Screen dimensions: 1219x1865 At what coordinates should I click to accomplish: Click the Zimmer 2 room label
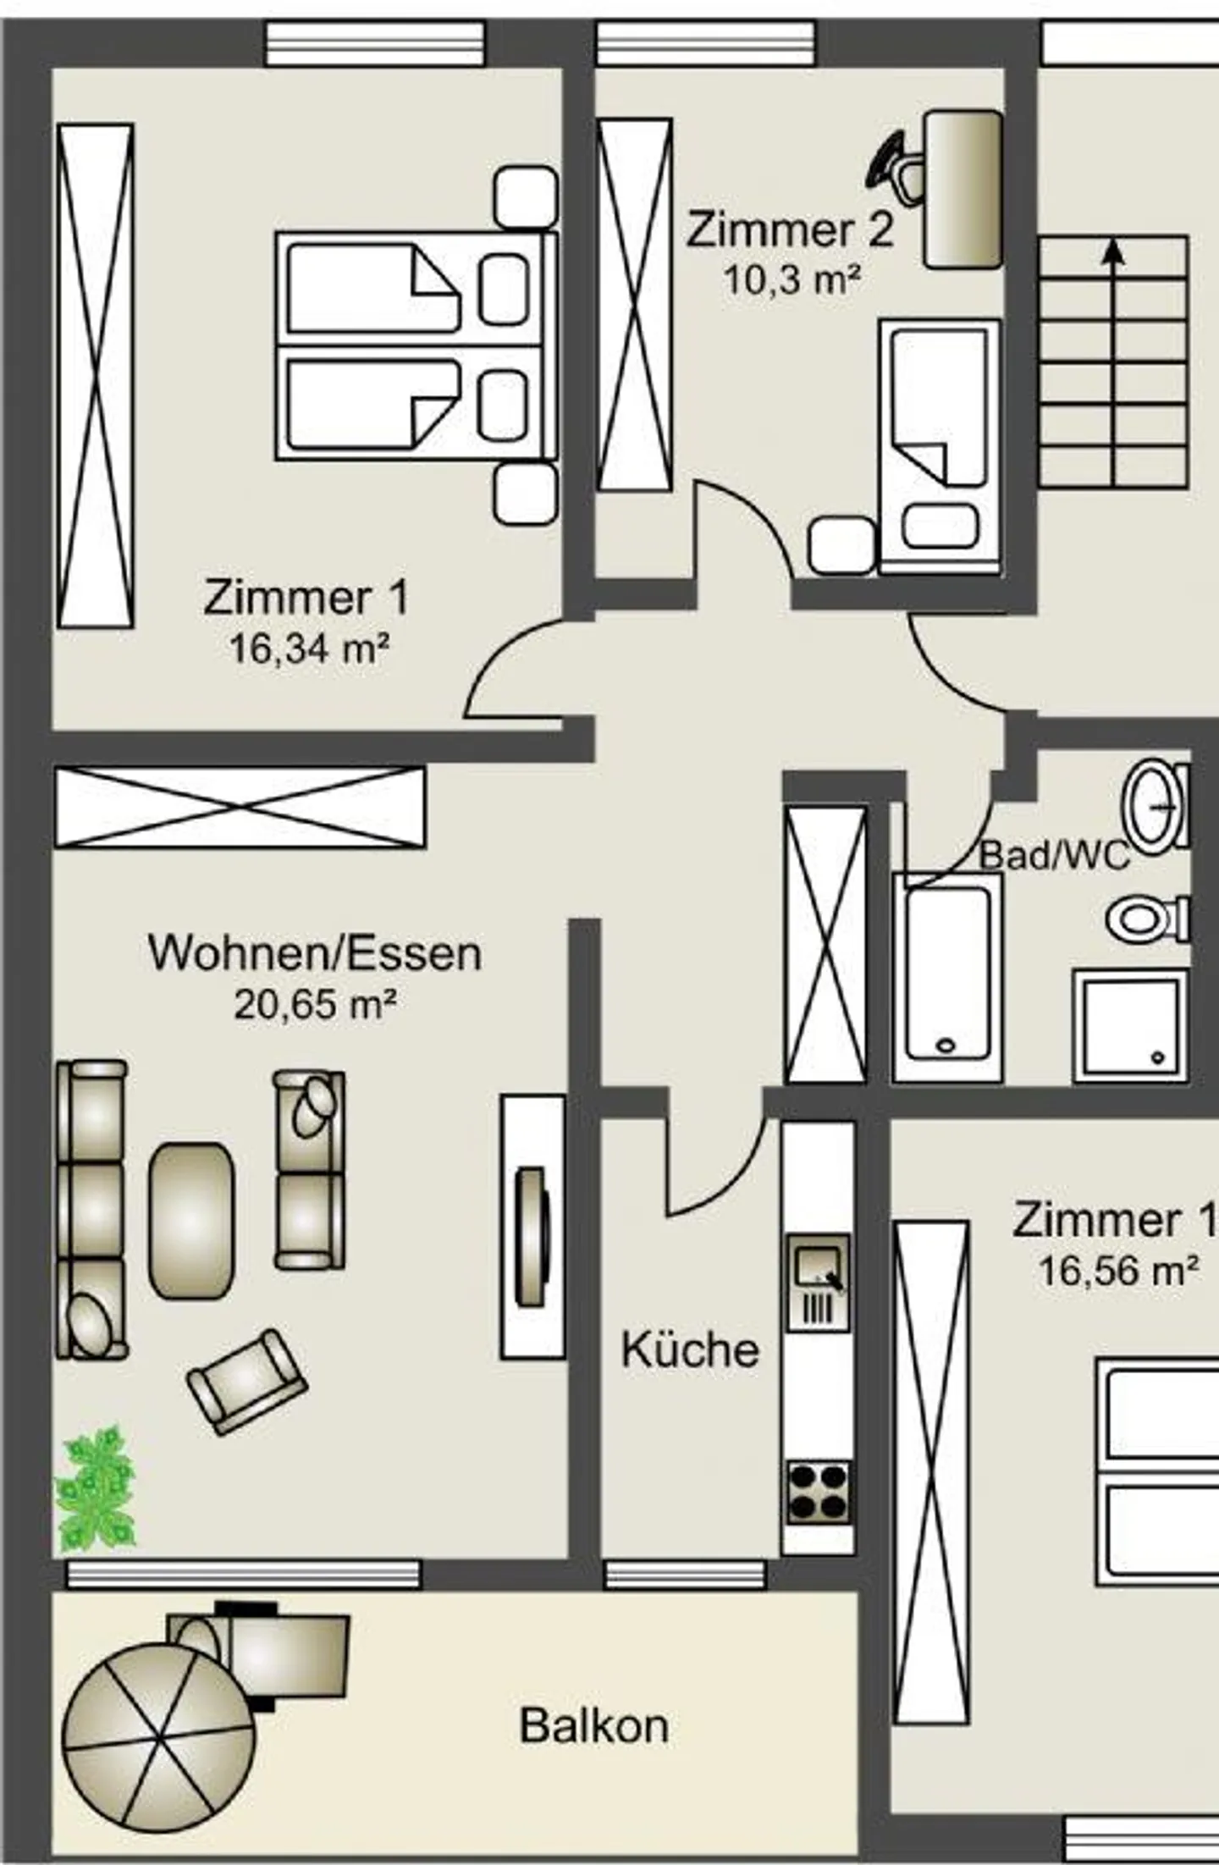click(790, 230)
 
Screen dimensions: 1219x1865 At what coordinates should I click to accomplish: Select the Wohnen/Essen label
click(315, 952)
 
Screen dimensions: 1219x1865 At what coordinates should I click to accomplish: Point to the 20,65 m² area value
click(315, 1005)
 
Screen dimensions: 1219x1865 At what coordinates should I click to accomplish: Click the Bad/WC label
click(1055, 855)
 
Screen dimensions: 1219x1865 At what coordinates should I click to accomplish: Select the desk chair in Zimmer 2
click(895, 168)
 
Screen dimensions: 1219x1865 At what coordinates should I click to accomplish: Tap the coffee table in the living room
click(191, 1221)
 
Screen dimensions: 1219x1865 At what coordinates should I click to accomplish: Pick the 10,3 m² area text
click(792, 280)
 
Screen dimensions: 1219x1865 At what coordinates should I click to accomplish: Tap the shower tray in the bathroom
click(1130, 1025)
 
